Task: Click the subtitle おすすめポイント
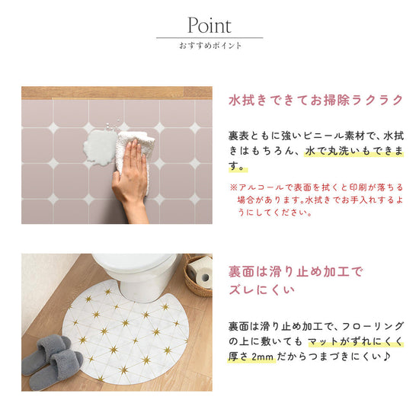[209, 46]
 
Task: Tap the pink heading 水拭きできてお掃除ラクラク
[315, 100]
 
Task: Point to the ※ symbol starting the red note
[233, 187]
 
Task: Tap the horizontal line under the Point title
[209, 37]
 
